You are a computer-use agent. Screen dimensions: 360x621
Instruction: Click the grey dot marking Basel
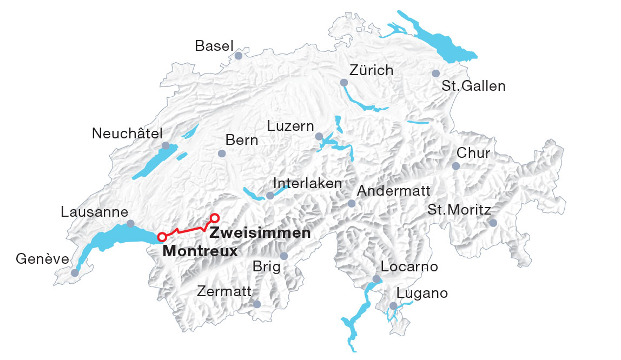tap(239, 56)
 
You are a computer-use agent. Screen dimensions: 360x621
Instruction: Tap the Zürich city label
tap(371, 70)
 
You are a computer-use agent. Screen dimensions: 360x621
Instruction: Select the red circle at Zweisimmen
tap(214, 218)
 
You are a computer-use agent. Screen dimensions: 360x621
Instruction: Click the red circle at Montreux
tap(161, 237)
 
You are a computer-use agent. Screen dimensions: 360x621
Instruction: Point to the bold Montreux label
tap(200, 251)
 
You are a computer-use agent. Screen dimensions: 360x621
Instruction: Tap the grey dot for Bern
tap(221, 154)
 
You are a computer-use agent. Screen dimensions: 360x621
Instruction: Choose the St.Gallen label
tap(473, 86)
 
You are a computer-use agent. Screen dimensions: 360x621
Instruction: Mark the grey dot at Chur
tap(455, 166)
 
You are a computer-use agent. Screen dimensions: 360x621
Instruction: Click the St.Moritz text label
tap(459, 210)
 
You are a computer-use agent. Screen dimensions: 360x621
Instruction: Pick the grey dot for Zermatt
tap(257, 305)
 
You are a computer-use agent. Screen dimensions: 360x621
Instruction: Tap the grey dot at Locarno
tap(376, 279)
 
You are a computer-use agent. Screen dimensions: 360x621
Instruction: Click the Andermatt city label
tap(394, 191)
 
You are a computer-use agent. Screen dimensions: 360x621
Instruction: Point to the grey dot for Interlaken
tap(270, 195)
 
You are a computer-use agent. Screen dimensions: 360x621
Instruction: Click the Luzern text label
tap(290, 126)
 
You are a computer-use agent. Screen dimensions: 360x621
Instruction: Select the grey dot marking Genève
tap(75, 273)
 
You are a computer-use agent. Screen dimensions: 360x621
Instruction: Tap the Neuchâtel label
tap(127, 134)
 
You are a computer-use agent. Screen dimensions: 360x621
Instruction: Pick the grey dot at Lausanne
tap(130, 223)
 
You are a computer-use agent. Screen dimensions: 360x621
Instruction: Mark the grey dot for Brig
tap(284, 256)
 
